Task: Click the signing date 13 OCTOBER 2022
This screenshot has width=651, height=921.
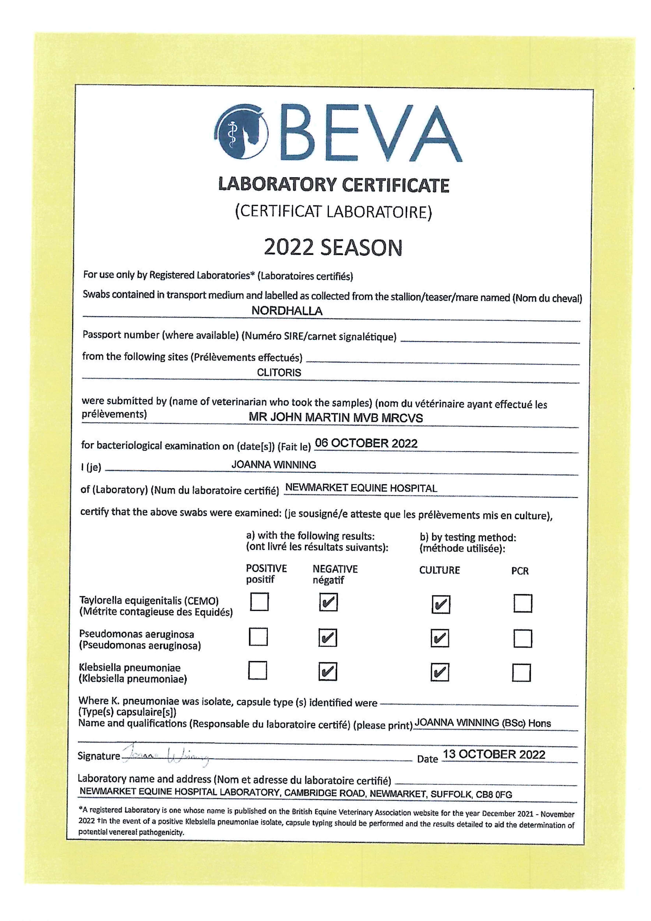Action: click(494, 754)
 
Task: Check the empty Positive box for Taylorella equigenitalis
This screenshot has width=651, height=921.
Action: click(259, 602)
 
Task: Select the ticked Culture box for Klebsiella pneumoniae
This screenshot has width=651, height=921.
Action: click(440, 672)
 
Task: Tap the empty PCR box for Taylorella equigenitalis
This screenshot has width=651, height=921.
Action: click(523, 603)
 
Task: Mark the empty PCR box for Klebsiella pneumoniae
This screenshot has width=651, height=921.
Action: click(522, 673)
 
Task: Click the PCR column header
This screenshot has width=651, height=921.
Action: click(520, 571)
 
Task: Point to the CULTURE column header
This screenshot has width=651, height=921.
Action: click(439, 570)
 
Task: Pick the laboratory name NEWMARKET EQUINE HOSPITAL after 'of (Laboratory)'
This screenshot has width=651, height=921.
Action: click(361, 488)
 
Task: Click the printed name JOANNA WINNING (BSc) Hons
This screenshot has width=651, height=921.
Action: click(483, 723)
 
